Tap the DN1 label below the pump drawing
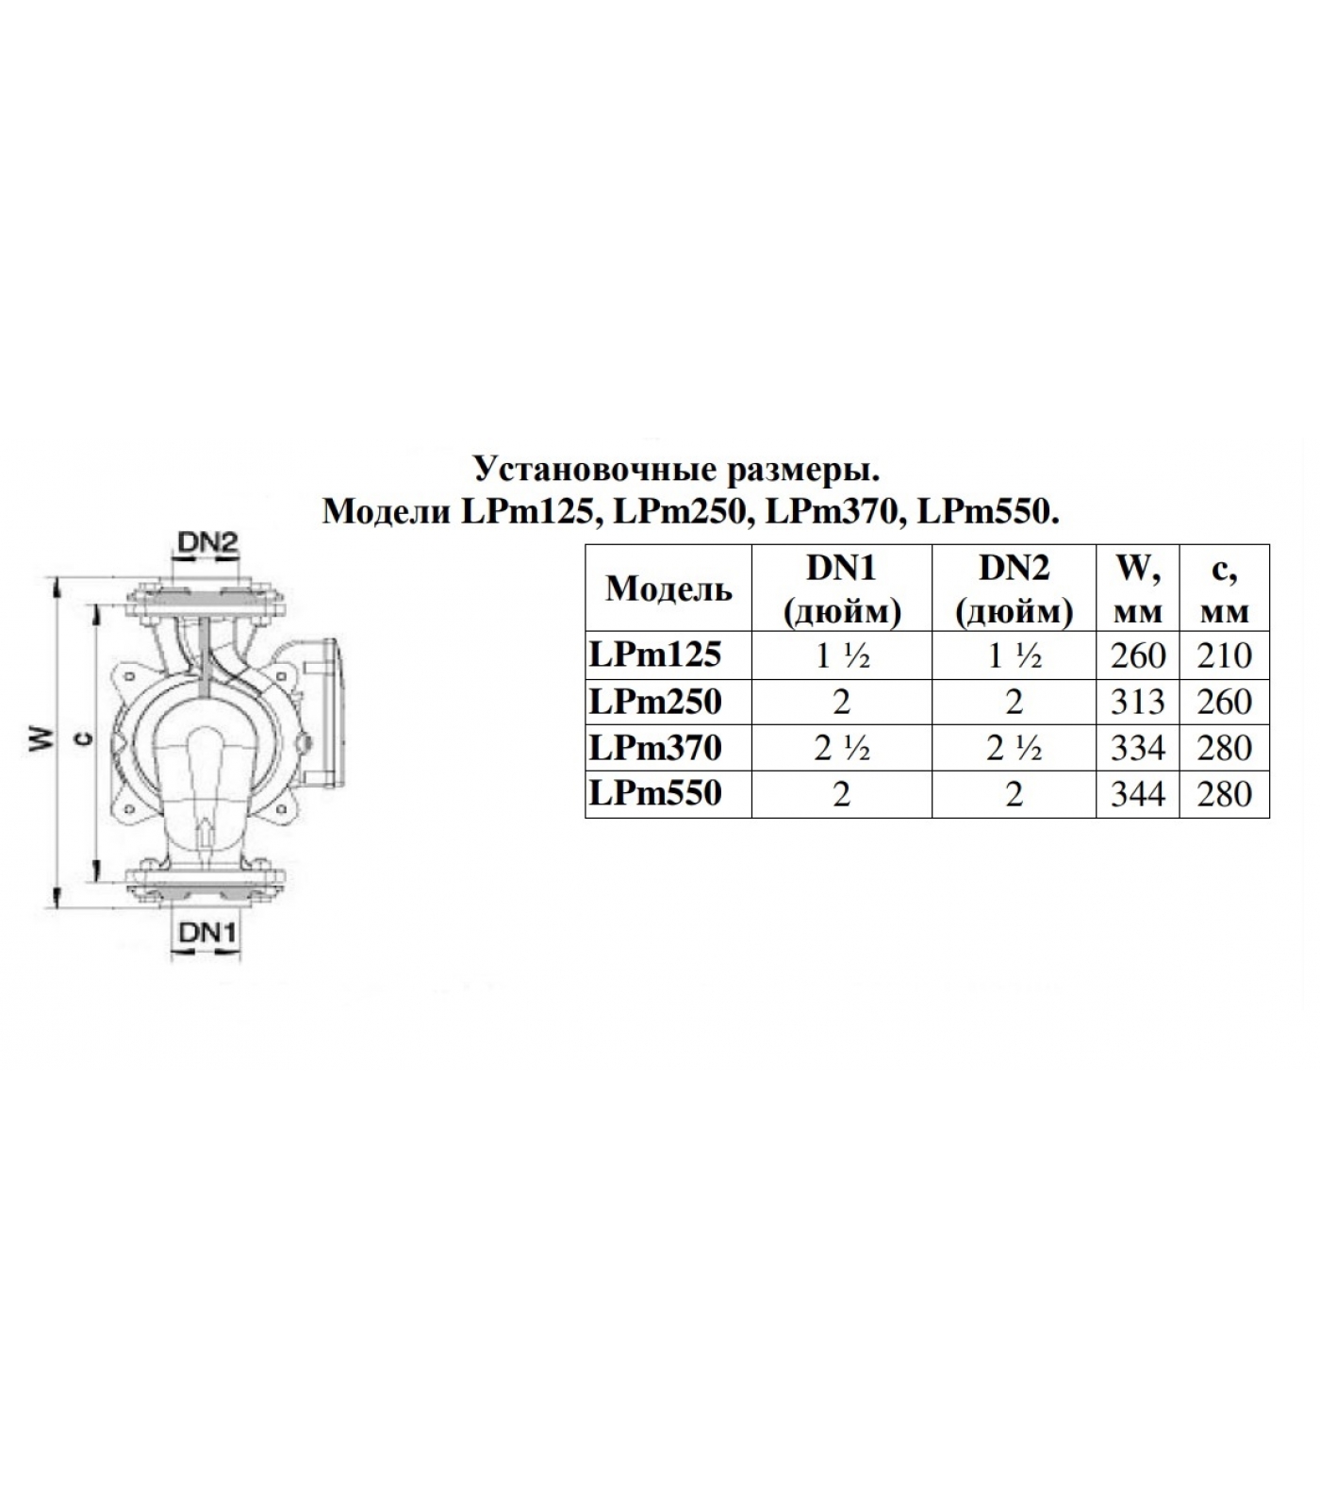[206, 933]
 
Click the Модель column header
[668, 589]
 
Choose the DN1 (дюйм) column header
[842, 589]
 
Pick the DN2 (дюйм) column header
[1015, 589]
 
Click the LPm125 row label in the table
[655, 655]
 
